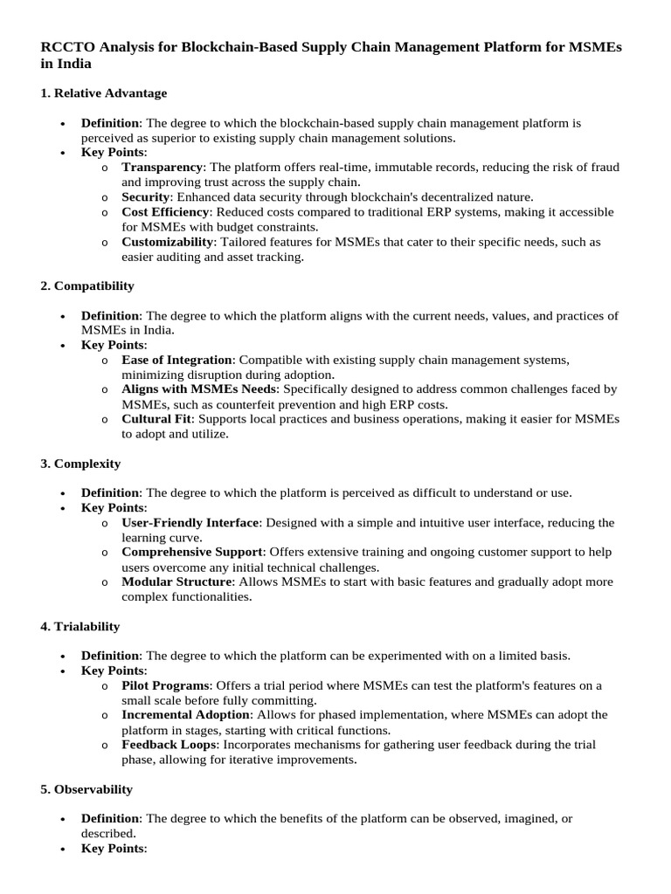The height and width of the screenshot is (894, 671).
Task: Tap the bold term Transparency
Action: coord(162,167)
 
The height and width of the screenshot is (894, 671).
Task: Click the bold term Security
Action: coord(145,196)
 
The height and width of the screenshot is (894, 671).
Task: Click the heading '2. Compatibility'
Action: coord(87,285)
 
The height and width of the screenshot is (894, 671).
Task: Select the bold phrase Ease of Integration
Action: coord(177,359)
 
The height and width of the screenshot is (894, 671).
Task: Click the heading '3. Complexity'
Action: coord(80,463)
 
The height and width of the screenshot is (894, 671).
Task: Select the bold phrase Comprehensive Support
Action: coord(192,552)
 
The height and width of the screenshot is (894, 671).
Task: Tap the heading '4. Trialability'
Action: coord(80,626)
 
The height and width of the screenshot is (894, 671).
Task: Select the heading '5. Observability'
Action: coord(86,788)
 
